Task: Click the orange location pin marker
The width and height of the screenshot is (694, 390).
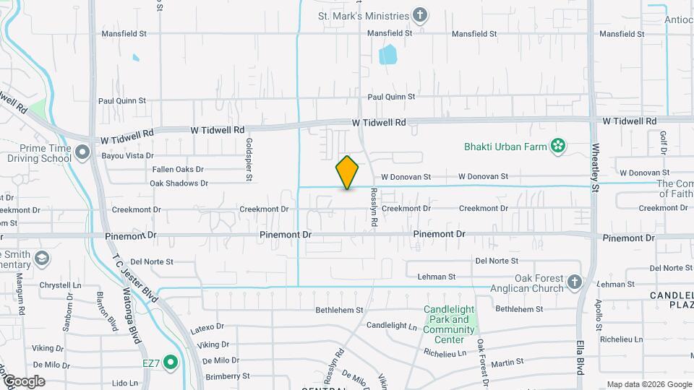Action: pyautogui.click(x=347, y=172)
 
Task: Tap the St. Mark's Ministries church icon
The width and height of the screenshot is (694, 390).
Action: pyautogui.click(x=419, y=15)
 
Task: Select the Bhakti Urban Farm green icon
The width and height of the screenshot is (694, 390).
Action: pyautogui.click(x=557, y=147)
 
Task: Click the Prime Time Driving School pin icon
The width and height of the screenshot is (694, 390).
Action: pyautogui.click(x=82, y=152)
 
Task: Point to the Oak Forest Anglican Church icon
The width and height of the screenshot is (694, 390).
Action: pyautogui.click(x=574, y=282)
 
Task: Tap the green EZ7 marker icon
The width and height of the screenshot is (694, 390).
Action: pyautogui.click(x=171, y=362)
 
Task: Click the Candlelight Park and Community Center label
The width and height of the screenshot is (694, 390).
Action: pyautogui.click(x=449, y=325)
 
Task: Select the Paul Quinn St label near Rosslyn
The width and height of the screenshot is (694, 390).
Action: pyautogui.click(x=391, y=96)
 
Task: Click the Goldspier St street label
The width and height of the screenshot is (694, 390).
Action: pyautogui.click(x=249, y=153)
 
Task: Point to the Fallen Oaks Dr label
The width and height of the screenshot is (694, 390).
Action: pyautogui.click(x=178, y=169)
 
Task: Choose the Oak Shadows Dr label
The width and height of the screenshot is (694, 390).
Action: pyautogui.click(x=179, y=183)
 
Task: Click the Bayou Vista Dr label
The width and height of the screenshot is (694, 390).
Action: pyautogui.click(x=129, y=155)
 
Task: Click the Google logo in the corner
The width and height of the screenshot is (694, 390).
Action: pyautogui.click(x=23, y=381)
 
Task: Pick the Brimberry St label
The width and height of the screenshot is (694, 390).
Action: pyautogui.click(x=227, y=376)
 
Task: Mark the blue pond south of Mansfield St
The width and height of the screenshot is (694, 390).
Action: pyautogui.click(x=388, y=54)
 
